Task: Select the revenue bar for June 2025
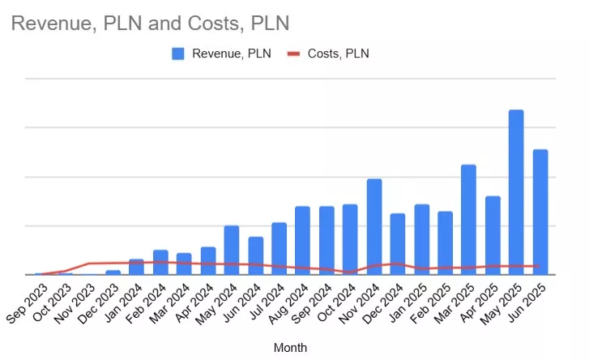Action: click(x=540, y=212)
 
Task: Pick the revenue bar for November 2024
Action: click(x=373, y=226)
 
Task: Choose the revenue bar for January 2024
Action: click(x=136, y=267)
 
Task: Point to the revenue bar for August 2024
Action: click(x=302, y=240)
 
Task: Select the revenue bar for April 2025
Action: click(x=493, y=235)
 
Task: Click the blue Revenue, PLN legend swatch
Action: click(x=178, y=54)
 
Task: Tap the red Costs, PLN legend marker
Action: click(x=294, y=54)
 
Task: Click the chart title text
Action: click(x=150, y=24)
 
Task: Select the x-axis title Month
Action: click(x=290, y=347)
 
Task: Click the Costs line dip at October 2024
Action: click(x=350, y=272)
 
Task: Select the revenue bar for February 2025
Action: click(x=445, y=242)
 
